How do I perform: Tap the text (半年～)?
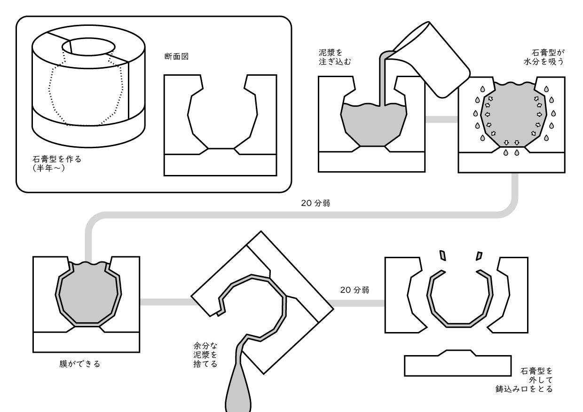49,167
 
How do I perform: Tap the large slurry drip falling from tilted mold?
239,390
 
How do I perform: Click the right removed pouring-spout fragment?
479,255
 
